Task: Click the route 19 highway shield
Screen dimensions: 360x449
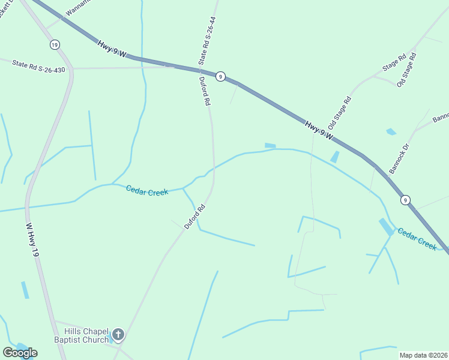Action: point(55,45)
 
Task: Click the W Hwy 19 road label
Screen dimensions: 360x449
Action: point(32,241)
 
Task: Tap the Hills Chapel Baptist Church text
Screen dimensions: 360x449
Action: point(88,335)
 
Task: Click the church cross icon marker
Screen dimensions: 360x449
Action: point(118,335)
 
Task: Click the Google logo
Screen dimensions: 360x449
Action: point(19,353)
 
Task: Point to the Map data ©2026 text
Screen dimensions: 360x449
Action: point(424,355)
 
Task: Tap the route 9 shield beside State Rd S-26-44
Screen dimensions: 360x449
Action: point(221,76)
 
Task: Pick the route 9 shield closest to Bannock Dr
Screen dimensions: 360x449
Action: point(406,200)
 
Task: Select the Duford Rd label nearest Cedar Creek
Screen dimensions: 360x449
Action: point(196,217)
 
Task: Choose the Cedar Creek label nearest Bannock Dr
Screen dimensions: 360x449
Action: point(417,238)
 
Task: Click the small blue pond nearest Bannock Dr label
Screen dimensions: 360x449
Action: point(391,131)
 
